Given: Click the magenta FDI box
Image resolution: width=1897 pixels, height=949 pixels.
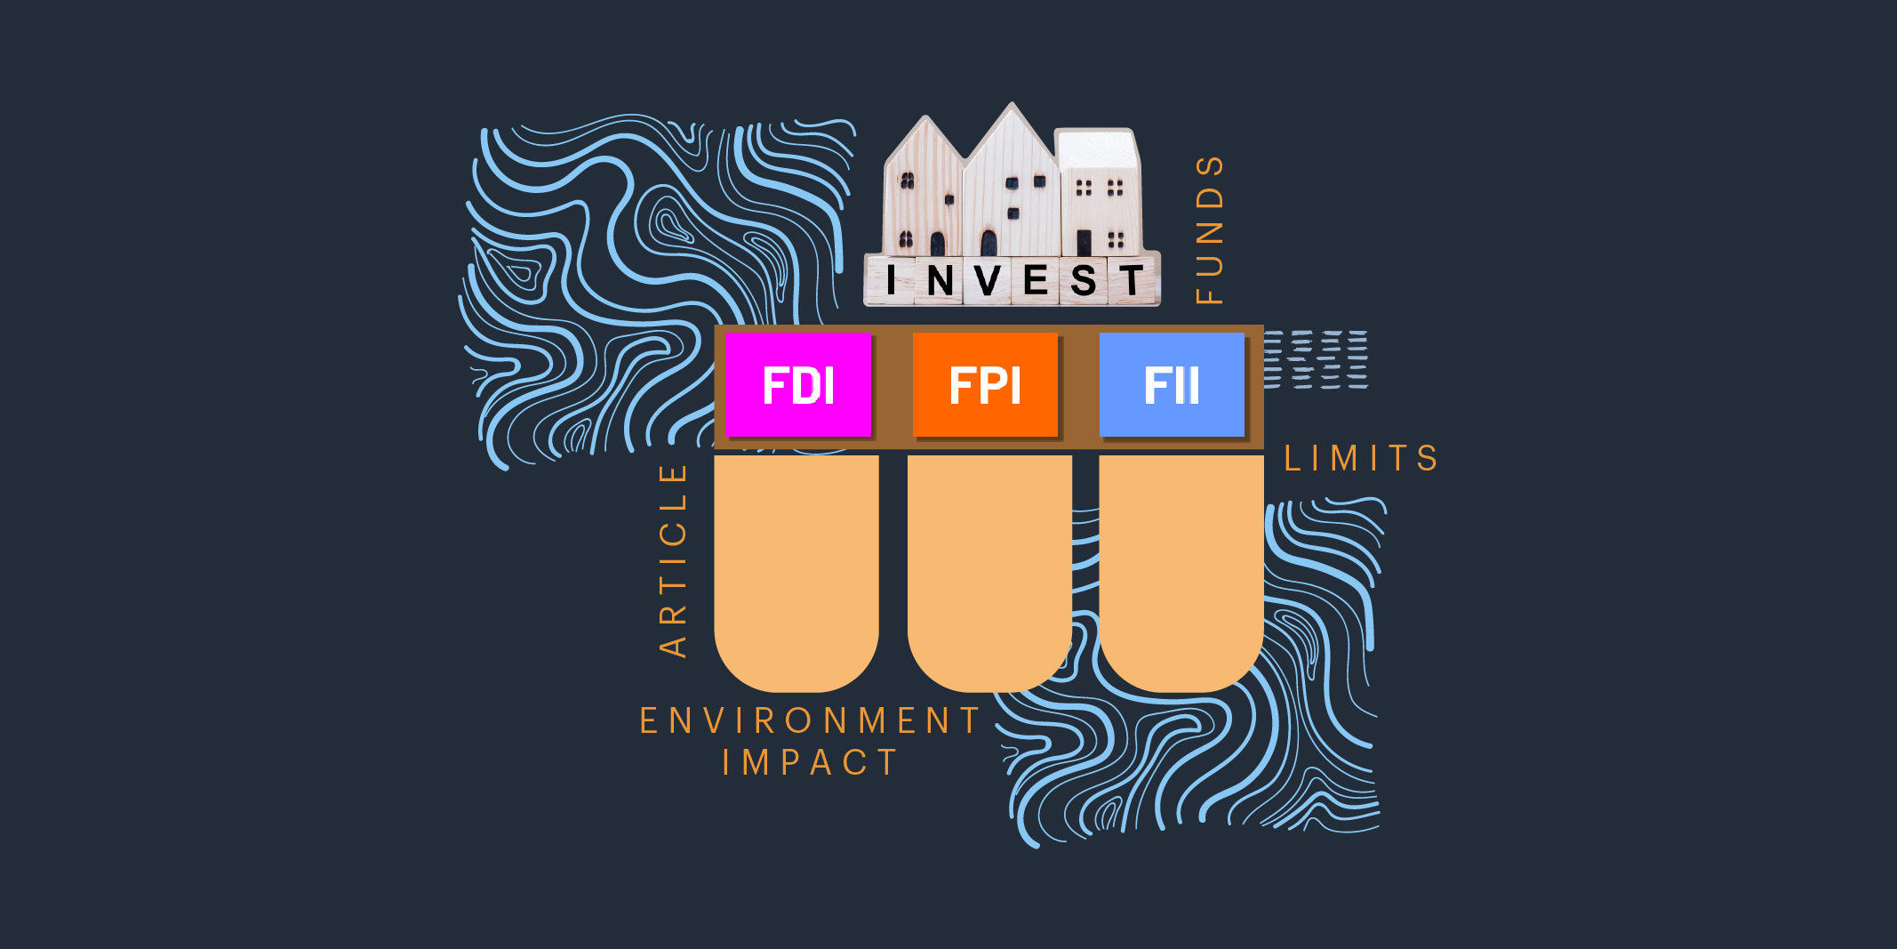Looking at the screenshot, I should (x=797, y=384).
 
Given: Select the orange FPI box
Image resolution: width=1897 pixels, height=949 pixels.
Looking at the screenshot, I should (x=985, y=384).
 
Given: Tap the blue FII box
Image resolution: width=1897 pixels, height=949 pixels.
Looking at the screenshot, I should (x=1172, y=384).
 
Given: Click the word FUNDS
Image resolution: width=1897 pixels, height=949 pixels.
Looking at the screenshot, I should (x=1209, y=230).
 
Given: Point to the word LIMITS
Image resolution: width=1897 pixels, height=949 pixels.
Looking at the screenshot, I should (x=1361, y=459).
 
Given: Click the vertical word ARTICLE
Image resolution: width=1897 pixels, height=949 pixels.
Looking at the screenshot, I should (x=674, y=560).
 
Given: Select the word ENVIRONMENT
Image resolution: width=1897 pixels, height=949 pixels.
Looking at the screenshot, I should (x=810, y=720).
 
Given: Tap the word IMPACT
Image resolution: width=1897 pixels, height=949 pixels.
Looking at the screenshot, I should (x=810, y=762).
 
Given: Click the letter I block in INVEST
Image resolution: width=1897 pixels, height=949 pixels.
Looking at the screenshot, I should (x=891, y=280).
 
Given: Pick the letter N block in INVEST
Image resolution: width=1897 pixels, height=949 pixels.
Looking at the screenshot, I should (x=940, y=281).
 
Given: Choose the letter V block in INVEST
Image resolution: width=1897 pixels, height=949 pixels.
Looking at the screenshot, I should (x=987, y=281).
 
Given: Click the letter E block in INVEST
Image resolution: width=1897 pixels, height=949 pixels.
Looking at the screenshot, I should (x=1036, y=281).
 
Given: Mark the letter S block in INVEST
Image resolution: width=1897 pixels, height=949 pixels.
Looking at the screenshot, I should (x=1084, y=281).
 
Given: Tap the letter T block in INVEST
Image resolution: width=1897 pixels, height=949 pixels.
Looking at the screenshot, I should (x=1132, y=281).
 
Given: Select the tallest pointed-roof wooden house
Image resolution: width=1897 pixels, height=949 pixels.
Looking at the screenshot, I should (x=1012, y=187).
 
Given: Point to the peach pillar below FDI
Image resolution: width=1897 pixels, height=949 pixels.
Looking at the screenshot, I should (x=796, y=569).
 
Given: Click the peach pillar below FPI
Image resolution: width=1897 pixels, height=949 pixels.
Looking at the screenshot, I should (x=989, y=569).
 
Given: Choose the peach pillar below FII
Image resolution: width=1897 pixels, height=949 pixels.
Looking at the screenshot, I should (x=1181, y=569).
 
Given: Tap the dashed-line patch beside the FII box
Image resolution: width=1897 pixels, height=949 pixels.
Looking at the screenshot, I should (x=1316, y=359).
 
